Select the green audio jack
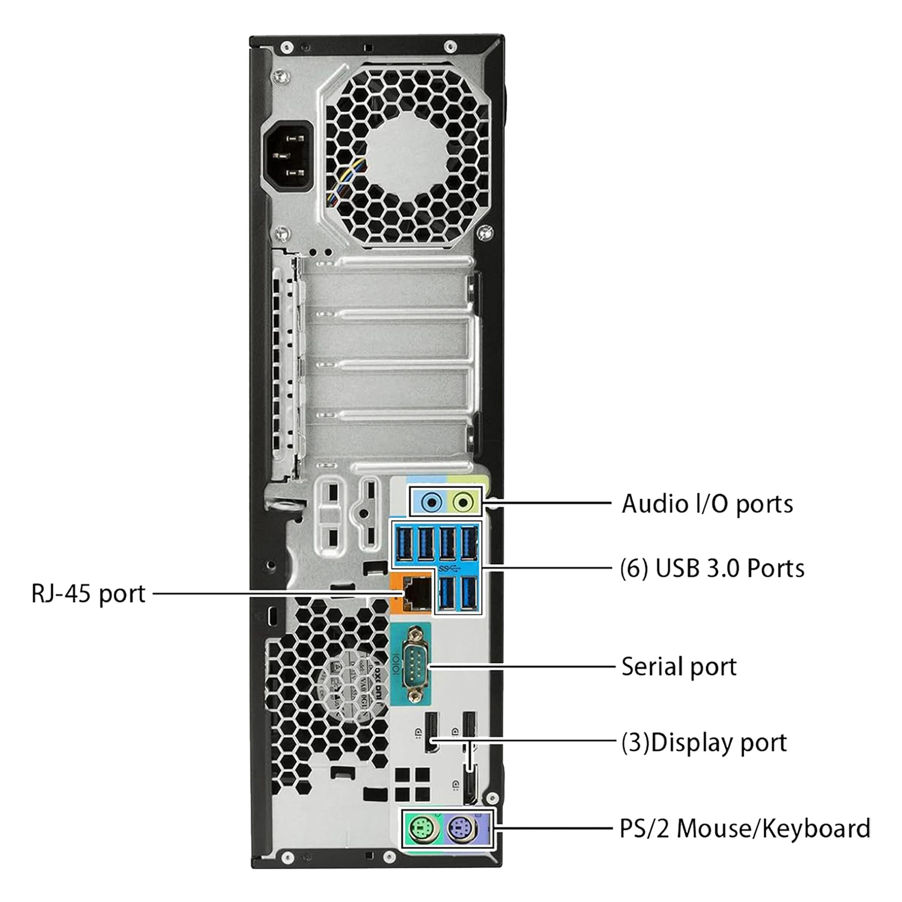[463, 503]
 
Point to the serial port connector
[414, 666]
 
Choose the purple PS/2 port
[462, 829]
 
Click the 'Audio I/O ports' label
[707, 504]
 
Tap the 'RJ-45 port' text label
[88, 594]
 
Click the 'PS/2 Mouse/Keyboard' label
[745, 828]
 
